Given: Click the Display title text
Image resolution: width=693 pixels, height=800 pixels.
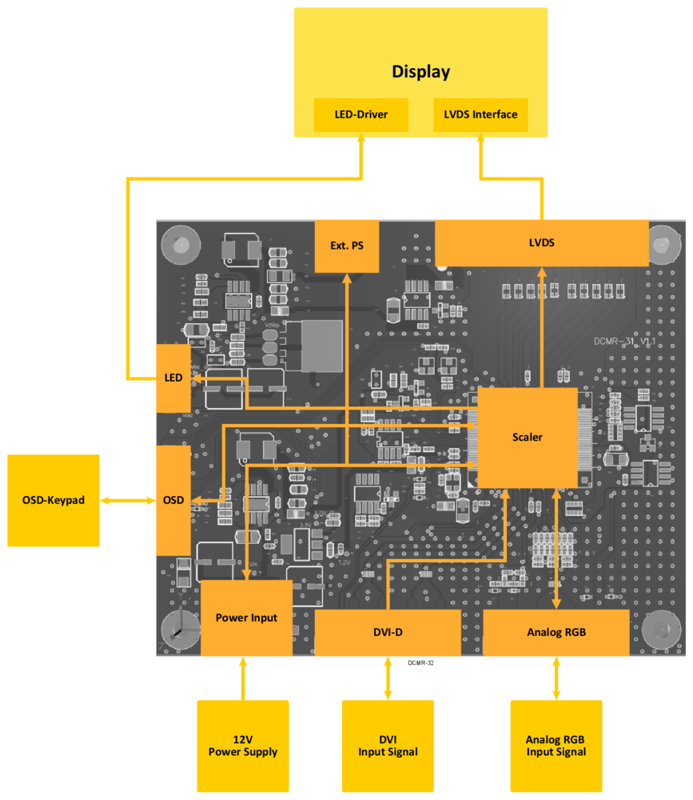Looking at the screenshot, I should (x=420, y=72).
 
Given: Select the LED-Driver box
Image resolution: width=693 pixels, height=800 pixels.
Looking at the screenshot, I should (x=361, y=114).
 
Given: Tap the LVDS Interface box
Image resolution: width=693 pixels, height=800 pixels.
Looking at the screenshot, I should (x=480, y=114).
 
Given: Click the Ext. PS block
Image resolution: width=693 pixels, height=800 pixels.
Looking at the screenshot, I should (x=346, y=245).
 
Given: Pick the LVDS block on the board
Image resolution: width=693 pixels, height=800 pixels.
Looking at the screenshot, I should (x=541, y=242).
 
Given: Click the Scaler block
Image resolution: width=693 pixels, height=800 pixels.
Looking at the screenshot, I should (x=527, y=437).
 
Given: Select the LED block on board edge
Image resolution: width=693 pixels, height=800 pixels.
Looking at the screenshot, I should (x=173, y=378).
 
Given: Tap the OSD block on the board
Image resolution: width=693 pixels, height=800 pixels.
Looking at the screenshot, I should (x=173, y=500).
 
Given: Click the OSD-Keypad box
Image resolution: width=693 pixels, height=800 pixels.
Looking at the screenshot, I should (x=54, y=501).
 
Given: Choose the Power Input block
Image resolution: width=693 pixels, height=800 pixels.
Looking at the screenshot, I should (x=246, y=618).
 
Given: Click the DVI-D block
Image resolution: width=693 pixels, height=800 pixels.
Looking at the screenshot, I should (x=388, y=632).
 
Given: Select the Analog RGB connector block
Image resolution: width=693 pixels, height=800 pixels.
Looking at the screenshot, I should (x=556, y=632).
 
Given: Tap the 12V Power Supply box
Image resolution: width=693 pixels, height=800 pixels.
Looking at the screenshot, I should (x=243, y=746).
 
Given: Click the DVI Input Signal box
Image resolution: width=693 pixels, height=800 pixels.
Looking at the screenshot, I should (x=388, y=746).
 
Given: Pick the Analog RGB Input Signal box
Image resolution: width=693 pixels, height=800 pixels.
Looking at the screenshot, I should (x=556, y=746).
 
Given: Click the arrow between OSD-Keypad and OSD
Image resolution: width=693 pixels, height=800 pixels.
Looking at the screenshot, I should (x=128, y=501).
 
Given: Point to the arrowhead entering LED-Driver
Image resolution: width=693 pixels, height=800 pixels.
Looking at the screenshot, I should (x=361, y=139).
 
